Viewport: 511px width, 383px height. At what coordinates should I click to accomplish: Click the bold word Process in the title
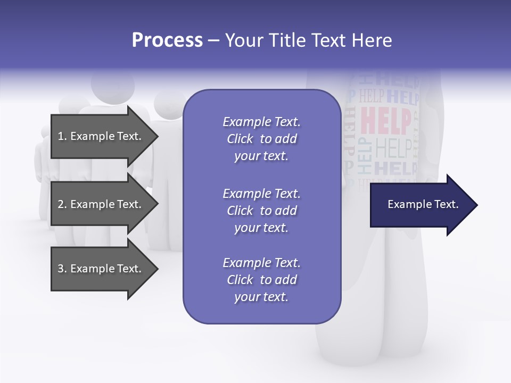click(167, 40)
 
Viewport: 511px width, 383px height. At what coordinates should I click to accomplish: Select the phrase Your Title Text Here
click(309, 40)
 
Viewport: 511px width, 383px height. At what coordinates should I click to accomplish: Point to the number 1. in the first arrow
click(62, 136)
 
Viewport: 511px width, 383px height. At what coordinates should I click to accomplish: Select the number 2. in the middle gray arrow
click(62, 204)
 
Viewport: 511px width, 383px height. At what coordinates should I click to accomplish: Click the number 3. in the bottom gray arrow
click(62, 269)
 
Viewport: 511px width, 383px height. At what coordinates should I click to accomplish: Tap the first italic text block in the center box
click(261, 139)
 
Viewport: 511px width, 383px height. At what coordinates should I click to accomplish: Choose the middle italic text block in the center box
click(261, 210)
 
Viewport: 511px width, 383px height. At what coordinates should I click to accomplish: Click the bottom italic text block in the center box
click(261, 280)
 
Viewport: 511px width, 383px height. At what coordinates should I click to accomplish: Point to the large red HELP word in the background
click(386, 121)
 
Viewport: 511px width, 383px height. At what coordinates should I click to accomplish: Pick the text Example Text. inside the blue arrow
click(423, 204)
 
